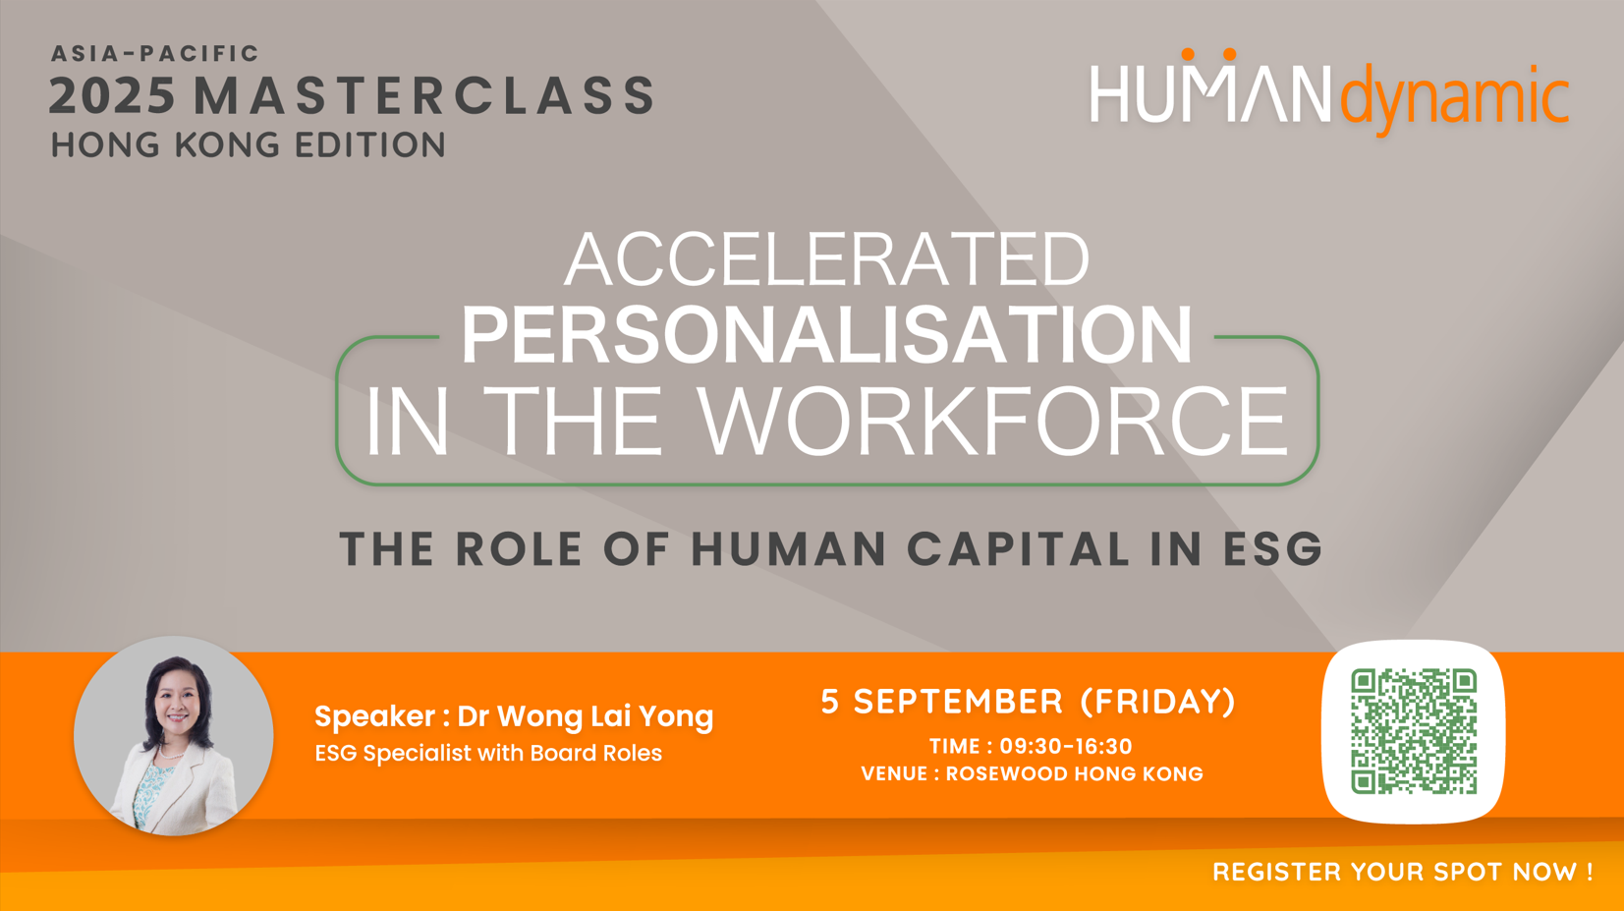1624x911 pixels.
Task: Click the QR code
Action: (x=1414, y=731)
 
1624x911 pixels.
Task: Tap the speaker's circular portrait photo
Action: (x=174, y=735)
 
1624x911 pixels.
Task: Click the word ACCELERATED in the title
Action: (x=826, y=258)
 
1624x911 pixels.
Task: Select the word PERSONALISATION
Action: (x=826, y=334)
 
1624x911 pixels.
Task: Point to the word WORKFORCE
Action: (x=993, y=421)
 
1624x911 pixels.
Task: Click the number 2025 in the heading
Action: (x=112, y=95)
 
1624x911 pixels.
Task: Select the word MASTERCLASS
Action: (x=424, y=95)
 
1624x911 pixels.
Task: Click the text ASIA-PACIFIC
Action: (x=154, y=54)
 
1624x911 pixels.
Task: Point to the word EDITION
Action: (x=369, y=144)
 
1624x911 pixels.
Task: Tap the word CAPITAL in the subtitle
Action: (x=1018, y=548)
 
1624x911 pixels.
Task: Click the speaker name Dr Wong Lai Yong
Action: (x=586, y=716)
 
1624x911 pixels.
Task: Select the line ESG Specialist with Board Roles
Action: (x=488, y=753)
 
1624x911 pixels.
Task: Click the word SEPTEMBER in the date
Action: (x=958, y=702)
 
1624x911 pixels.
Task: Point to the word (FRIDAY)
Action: (x=1158, y=702)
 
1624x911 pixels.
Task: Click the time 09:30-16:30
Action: (x=1066, y=746)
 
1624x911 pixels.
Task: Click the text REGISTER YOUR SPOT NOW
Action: (x=1394, y=872)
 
